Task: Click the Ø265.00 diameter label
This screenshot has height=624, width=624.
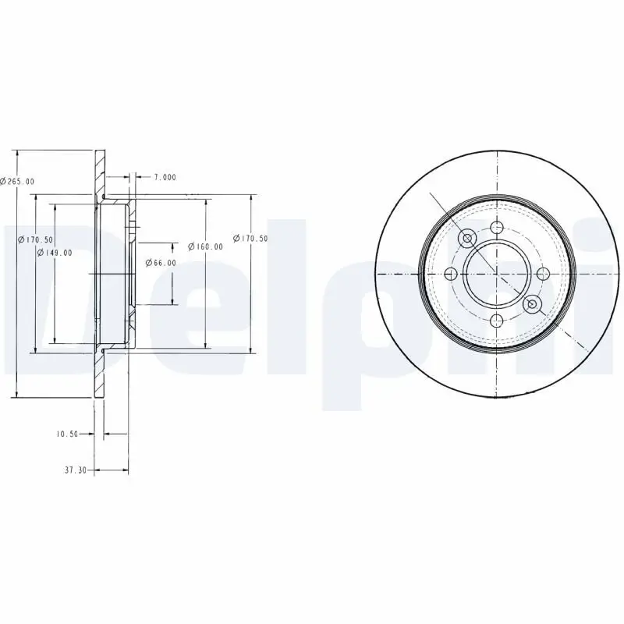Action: tap(17, 181)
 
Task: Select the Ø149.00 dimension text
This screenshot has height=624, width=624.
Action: tap(55, 252)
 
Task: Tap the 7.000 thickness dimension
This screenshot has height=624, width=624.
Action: tap(165, 177)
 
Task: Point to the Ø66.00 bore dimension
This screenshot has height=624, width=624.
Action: tap(160, 263)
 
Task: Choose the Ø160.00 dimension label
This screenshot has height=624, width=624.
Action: tap(206, 246)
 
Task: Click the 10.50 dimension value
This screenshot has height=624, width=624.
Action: tap(69, 434)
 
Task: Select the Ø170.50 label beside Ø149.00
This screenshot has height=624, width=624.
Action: tap(35, 239)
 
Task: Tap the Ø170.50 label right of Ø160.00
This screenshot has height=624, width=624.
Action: tap(250, 239)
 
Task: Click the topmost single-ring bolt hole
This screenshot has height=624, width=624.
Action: tap(497, 228)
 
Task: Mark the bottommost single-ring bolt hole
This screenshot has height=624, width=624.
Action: tap(497, 319)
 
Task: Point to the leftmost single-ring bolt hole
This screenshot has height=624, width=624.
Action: tap(452, 274)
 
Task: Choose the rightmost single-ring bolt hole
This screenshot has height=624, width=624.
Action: tap(543, 273)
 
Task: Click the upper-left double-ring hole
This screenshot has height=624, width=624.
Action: tap(469, 239)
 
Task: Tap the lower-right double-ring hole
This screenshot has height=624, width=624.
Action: tap(533, 303)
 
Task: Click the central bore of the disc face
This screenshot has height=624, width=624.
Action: tap(497, 273)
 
